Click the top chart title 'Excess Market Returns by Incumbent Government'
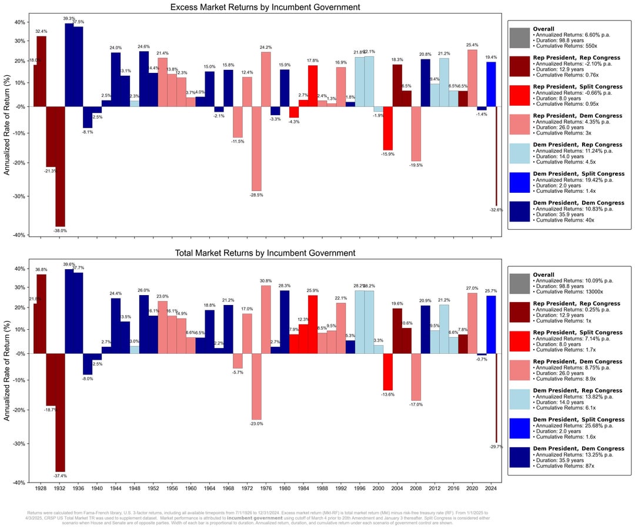pyautogui.click(x=265, y=7)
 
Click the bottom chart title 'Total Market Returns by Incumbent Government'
pyautogui.click(x=265, y=253)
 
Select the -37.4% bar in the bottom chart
pyautogui.click(x=60, y=412)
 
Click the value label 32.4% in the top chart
pyautogui.click(x=41, y=31)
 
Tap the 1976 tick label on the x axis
pyautogui.click(x=266, y=488)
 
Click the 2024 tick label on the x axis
pyautogui.click(x=491, y=488)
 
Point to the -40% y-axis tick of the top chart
pyautogui.click(x=19, y=235)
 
